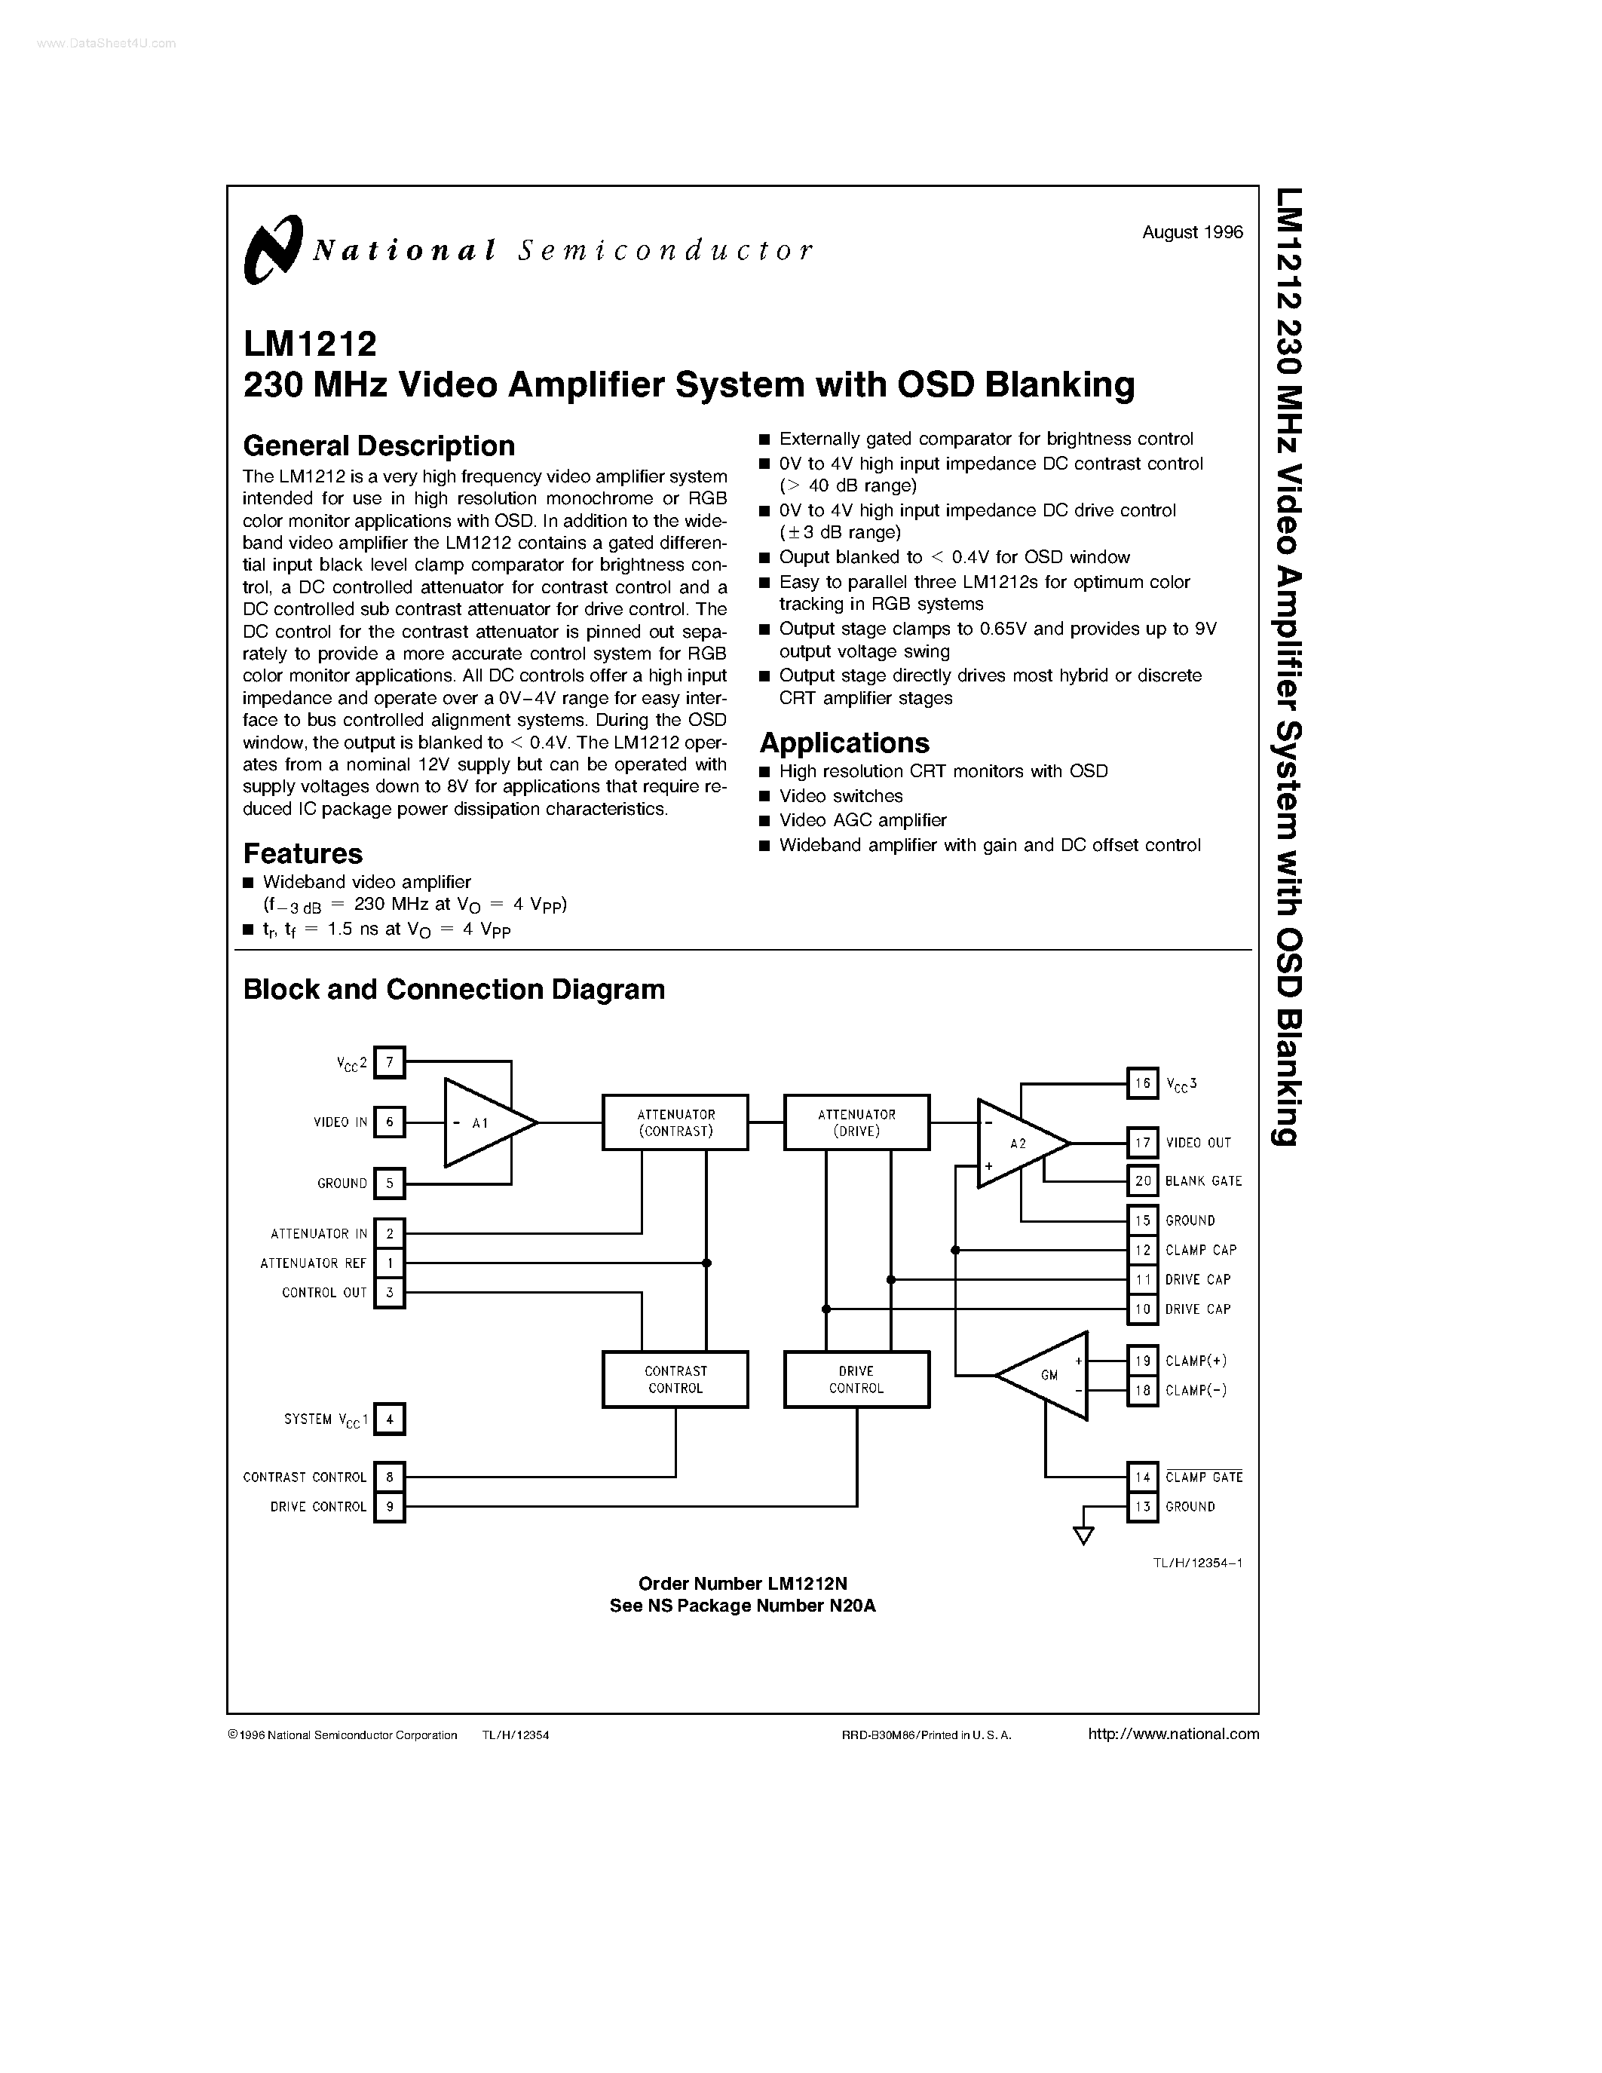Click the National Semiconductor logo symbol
click(272, 249)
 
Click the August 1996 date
click(1192, 232)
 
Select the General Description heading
click(378, 446)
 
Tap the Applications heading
click(844, 743)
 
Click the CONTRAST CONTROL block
click(675, 1379)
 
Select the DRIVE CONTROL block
click(856, 1379)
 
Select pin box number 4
click(389, 1419)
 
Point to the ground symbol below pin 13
click(1083, 1534)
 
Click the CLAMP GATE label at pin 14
click(1203, 1477)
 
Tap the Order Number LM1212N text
click(742, 1583)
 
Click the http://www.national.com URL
click(1173, 1733)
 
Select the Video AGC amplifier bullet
click(862, 820)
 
